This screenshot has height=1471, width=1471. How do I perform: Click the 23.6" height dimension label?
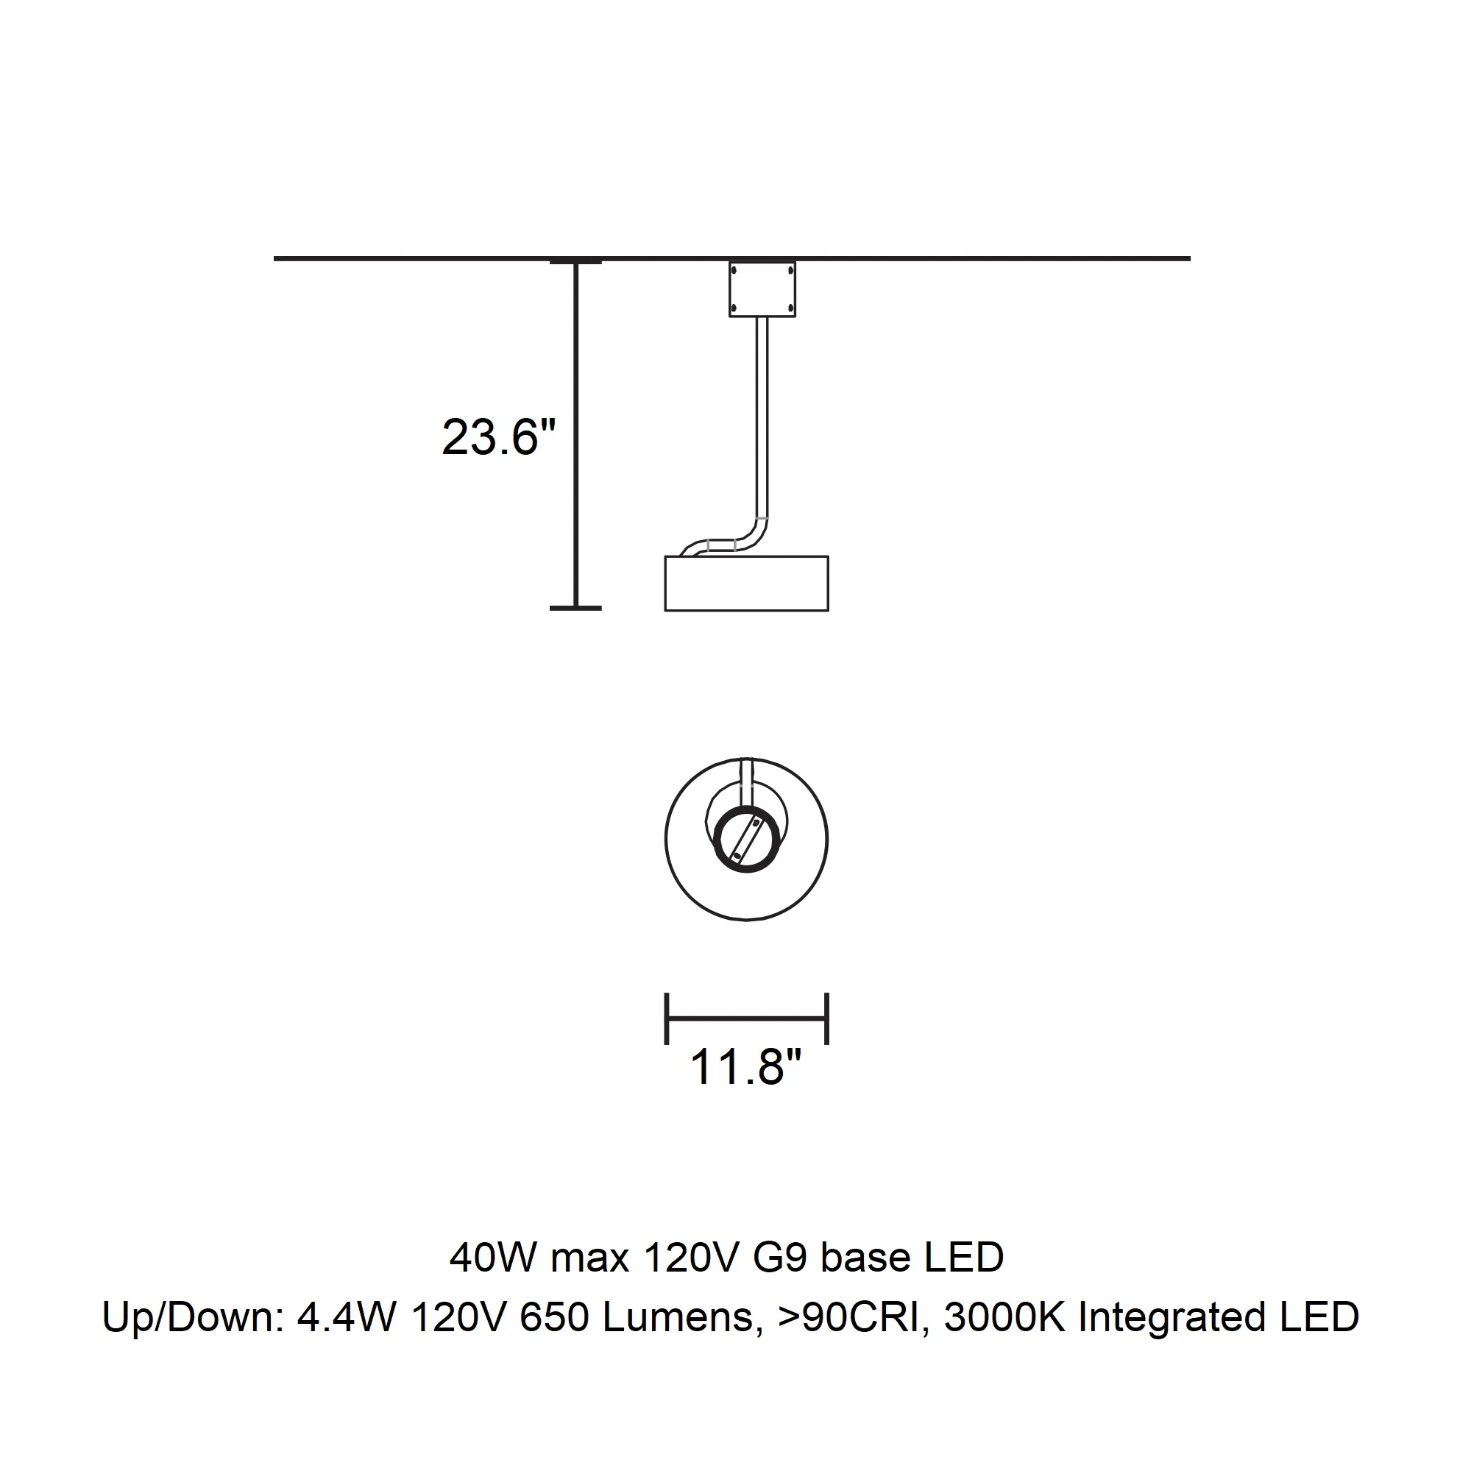pos(500,438)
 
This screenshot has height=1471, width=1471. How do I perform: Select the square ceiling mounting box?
pos(762,289)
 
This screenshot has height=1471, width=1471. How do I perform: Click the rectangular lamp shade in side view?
pos(746,584)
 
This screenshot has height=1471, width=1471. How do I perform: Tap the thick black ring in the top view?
pos(747,839)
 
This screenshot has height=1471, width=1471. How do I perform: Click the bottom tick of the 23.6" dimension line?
pos(575,608)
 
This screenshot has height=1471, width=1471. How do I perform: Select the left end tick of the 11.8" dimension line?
pos(667,1018)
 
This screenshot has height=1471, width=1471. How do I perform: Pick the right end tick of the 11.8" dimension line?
pos(827,1018)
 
